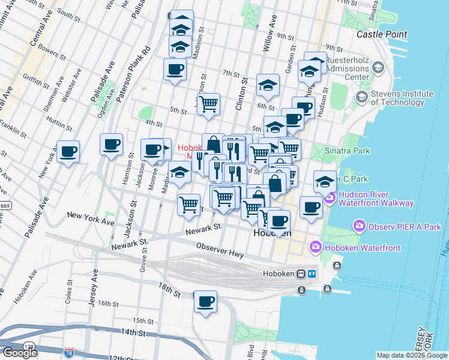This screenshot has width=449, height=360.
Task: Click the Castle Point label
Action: (382, 35)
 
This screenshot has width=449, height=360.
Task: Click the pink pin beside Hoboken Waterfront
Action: (316, 247)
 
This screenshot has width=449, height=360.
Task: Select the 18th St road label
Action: (170, 290)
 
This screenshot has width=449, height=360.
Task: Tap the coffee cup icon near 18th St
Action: (205, 301)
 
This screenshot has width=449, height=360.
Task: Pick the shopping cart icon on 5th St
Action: (208, 103)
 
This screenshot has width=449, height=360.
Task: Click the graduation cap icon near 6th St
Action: (268, 85)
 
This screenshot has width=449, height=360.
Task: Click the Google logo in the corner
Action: (20, 352)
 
